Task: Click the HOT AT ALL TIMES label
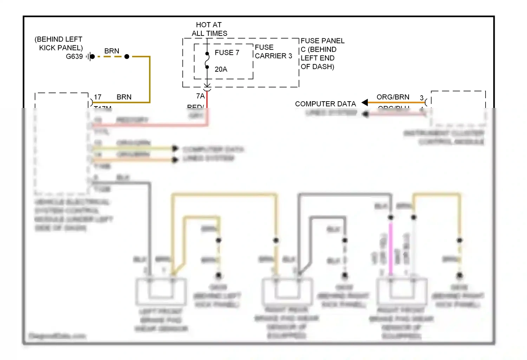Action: [209, 29]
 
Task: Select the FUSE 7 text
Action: [227, 52]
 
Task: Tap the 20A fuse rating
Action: [221, 69]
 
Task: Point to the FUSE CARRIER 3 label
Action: [273, 52]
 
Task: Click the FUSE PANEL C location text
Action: [322, 54]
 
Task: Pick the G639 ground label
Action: [74, 57]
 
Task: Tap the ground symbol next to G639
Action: [90, 57]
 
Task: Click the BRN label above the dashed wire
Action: [112, 51]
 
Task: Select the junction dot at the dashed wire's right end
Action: [127, 57]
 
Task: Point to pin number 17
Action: [98, 97]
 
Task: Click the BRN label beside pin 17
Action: [124, 97]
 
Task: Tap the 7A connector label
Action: [200, 96]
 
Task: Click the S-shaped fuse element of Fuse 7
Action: [207, 60]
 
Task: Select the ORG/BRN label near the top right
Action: [393, 97]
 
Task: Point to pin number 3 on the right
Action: [422, 98]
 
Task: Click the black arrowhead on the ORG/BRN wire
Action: [365, 102]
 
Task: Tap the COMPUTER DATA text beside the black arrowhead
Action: [325, 104]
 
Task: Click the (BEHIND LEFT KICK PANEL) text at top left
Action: [59, 44]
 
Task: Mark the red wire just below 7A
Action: [207, 100]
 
